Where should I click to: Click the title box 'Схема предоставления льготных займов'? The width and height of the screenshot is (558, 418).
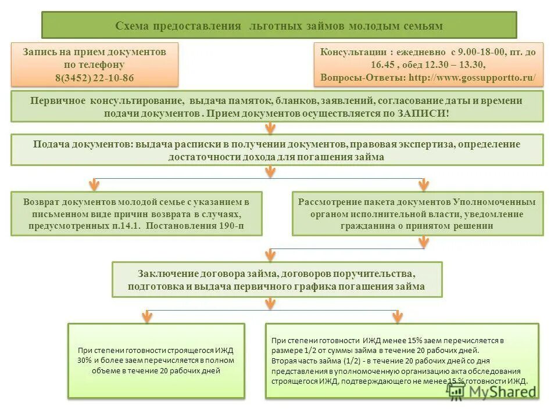279,26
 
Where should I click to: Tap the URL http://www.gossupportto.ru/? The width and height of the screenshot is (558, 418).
472,77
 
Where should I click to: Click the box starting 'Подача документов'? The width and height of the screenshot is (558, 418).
277,150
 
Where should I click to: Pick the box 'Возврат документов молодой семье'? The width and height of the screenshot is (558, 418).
136,214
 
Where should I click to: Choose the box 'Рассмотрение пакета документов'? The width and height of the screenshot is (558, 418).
417,214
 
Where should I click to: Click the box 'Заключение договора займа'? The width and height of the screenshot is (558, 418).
277,279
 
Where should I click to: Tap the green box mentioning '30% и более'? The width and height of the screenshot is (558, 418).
156,360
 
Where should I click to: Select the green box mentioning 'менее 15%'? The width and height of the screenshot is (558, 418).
402,360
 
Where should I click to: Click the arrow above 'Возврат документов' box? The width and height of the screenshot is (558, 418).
93,185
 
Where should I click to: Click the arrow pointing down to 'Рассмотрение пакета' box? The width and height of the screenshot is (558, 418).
424,185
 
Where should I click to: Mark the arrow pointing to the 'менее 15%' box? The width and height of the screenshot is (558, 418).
398,316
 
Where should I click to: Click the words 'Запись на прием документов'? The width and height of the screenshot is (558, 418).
94,52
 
